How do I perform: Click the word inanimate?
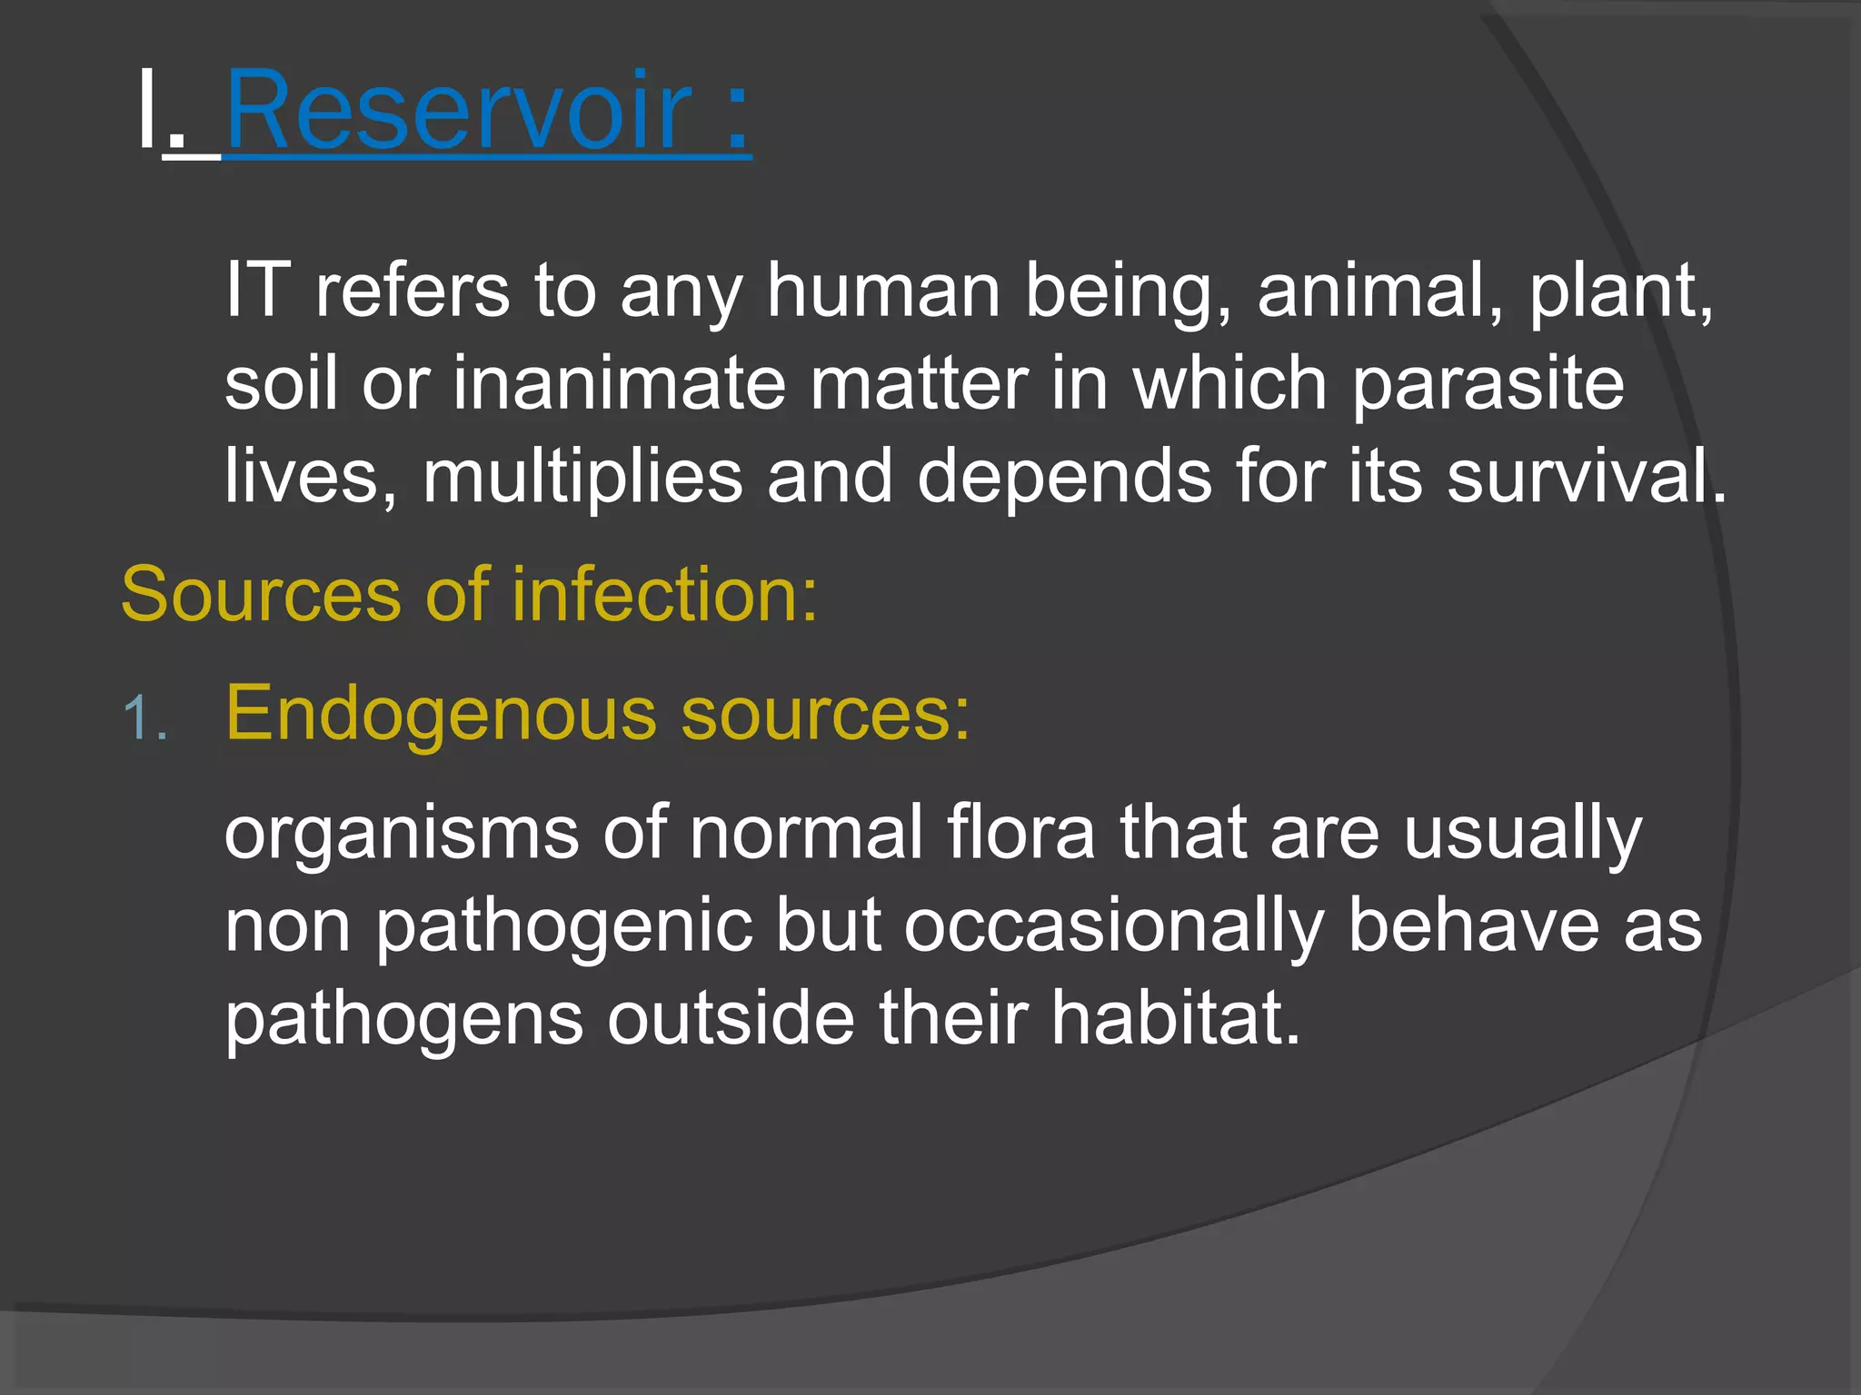[x=619, y=383]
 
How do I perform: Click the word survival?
[x=1585, y=476]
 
